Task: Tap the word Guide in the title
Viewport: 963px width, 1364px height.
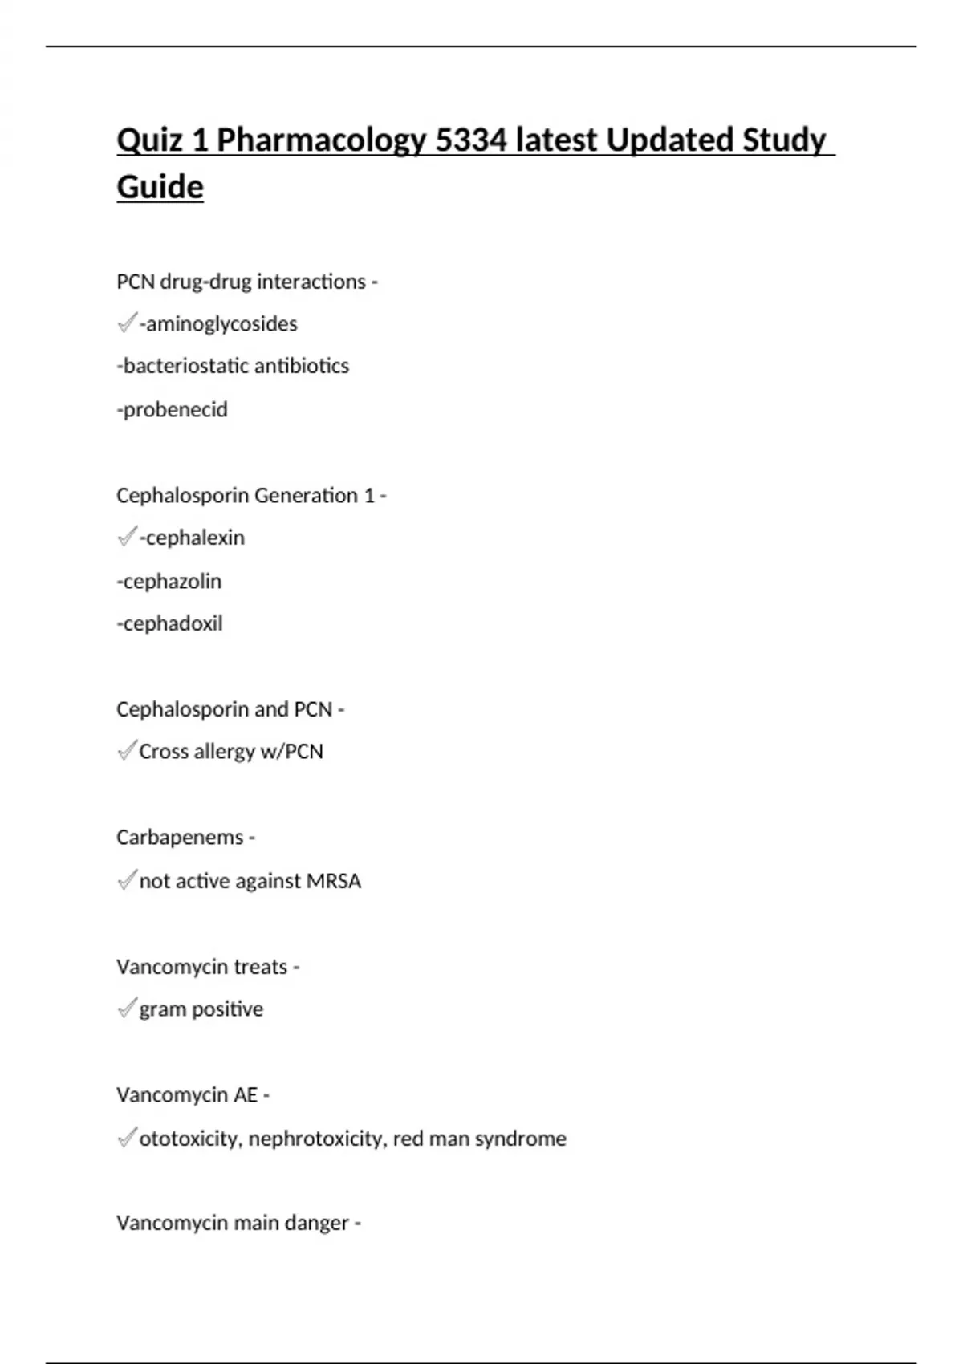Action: click(x=160, y=187)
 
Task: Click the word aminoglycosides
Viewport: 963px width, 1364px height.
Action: click(x=221, y=324)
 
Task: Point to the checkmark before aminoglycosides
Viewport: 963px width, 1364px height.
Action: click(x=126, y=323)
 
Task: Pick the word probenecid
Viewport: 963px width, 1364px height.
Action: click(x=175, y=410)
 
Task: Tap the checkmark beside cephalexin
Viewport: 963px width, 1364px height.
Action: click(x=126, y=537)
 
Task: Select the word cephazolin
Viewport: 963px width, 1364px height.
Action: click(x=172, y=581)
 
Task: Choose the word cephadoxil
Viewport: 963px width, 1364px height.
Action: click(x=173, y=623)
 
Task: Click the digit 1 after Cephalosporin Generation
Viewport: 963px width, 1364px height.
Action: click(x=369, y=496)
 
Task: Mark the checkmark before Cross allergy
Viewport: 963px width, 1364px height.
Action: click(x=126, y=751)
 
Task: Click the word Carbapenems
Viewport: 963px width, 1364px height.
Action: click(x=180, y=838)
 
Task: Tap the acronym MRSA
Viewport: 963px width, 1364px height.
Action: click(x=334, y=881)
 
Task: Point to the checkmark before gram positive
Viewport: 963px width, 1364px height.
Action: click(x=126, y=1009)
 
